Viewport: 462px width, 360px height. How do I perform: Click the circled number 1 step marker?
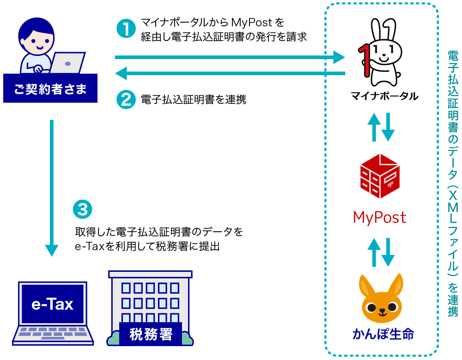point(125,29)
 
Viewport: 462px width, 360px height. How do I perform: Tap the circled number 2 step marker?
point(125,99)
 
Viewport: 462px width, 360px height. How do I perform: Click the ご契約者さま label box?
point(50,88)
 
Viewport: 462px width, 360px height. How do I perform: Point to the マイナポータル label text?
point(384,96)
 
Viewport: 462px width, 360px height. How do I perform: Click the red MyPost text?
point(379,217)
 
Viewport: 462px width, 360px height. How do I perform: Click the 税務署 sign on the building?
point(151,334)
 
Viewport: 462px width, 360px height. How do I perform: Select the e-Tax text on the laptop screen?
point(52,304)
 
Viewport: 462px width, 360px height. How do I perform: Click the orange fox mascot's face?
point(381,307)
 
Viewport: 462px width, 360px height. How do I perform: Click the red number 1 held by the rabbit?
point(367,60)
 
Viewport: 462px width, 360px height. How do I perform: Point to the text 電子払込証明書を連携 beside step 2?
point(194,99)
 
